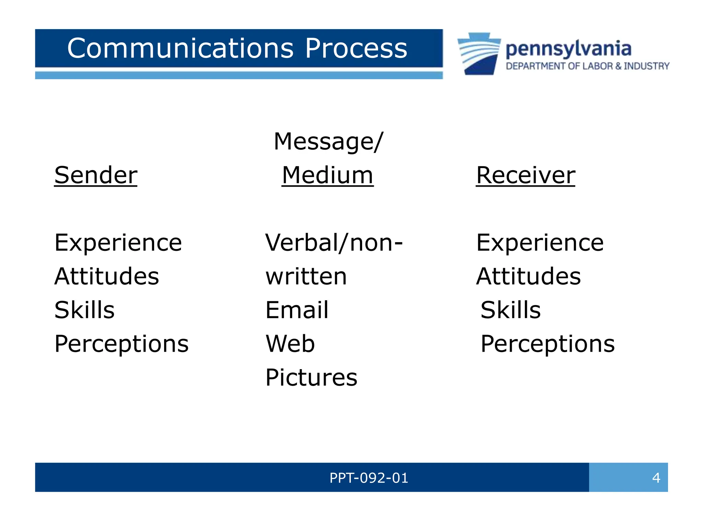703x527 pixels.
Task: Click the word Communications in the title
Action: tap(180, 48)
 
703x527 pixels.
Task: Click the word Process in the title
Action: tap(356, 48)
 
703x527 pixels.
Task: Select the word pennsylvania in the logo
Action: tap(568, 49)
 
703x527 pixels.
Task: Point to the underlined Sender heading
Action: tap(96, 175)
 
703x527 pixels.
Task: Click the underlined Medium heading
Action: tap(327, 175)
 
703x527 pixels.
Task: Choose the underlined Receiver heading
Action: tap(525, 175)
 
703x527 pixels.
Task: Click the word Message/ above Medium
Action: tap(328, 142)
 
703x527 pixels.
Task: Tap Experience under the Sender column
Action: tap(118, 243)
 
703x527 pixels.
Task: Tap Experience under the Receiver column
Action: tap(540, 243)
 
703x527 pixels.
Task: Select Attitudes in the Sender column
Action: tap(107, 277)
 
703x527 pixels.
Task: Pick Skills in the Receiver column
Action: tap(510, 310)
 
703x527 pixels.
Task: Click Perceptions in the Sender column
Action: tap(122, 344)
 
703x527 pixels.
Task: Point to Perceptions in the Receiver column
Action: tap(548, 344)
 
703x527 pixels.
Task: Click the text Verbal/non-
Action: tap(334, 243)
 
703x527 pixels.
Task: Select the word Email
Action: tap(297, 310)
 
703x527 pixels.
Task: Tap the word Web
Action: tap(290, 344)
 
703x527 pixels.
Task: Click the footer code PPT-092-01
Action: tap(369, 478)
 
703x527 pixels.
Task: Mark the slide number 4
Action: tap(656, 478)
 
